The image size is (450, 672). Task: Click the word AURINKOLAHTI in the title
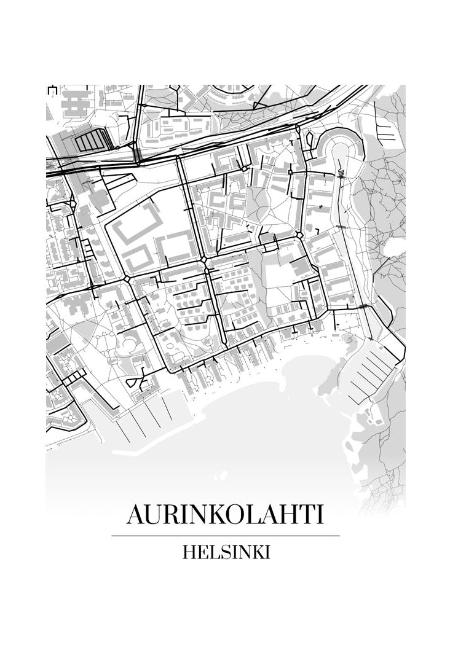pos(225,515)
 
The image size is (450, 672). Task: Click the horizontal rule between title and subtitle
pos(225,536)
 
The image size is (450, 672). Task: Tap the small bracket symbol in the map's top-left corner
pos(52,90)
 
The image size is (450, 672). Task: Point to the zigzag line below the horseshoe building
pos(340,168)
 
